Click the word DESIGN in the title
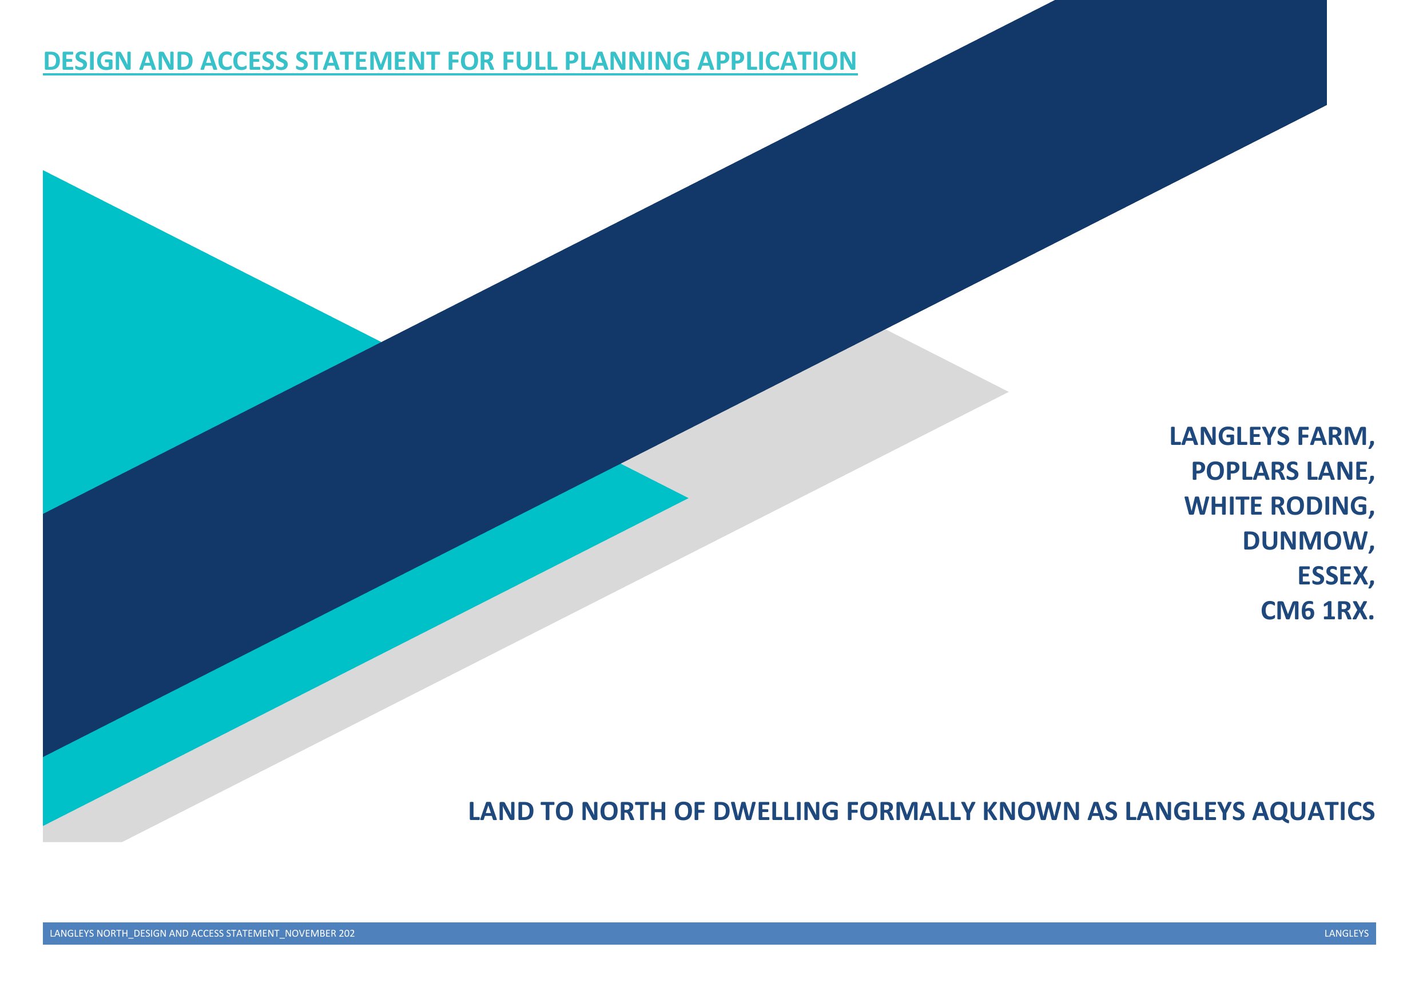tap(89, 61)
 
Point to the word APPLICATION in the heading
tap(777, 61)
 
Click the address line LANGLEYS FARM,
tap(1272, 436)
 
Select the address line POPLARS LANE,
tap(1283, 472)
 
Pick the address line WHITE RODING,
tap(1279, 506)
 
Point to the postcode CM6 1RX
tap(1318, 611)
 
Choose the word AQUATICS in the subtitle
tap(1313, 811)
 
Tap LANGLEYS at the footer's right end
tap(1346, 933)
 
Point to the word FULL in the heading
tap(530, 61)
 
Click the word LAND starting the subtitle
tap(500, 811)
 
